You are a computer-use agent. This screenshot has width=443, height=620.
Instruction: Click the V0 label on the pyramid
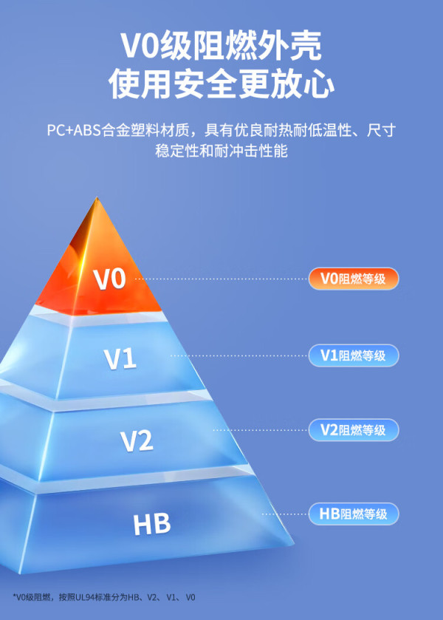point(109,279)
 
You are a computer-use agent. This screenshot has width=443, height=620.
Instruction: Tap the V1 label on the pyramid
point(120,359)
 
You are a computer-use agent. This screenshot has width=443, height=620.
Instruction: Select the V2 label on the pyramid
point(137,440)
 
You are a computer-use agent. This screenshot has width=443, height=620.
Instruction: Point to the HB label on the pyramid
point(152,524)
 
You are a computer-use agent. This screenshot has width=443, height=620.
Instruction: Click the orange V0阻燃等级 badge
point(354,279)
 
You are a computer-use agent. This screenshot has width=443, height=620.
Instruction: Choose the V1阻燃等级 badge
point(354,355)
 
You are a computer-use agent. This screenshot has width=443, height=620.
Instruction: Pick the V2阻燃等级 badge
point(354,430)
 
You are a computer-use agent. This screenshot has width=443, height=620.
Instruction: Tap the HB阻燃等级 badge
point(354,514)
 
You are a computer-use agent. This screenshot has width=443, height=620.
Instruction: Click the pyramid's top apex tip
point(97,197)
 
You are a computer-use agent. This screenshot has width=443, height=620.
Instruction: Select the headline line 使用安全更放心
point(221,84)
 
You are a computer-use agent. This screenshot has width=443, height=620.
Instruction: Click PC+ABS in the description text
point(74,130)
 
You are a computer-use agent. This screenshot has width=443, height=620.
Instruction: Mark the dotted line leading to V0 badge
point(221,279)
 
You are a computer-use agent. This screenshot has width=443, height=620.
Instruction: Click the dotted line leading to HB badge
point(284,514)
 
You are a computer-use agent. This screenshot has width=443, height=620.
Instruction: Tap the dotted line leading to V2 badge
point(260,430)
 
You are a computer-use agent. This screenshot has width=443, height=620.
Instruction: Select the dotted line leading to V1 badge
point(239,355)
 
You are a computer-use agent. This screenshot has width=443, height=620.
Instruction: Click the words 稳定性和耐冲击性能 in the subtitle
point(221,151)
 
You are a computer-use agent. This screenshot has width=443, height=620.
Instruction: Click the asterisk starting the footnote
point(14,596)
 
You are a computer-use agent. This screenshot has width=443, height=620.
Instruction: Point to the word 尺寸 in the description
point(381,130)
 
